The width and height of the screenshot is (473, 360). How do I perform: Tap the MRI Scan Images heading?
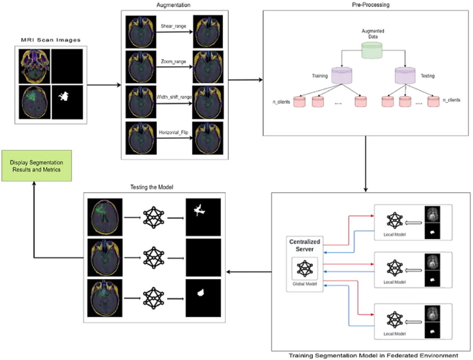click(49, 43)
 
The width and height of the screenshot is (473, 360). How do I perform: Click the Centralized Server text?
click(305, 248)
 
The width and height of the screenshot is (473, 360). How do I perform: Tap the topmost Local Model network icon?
click(396, 219)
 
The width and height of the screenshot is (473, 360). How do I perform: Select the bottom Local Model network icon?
click(396, 319)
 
